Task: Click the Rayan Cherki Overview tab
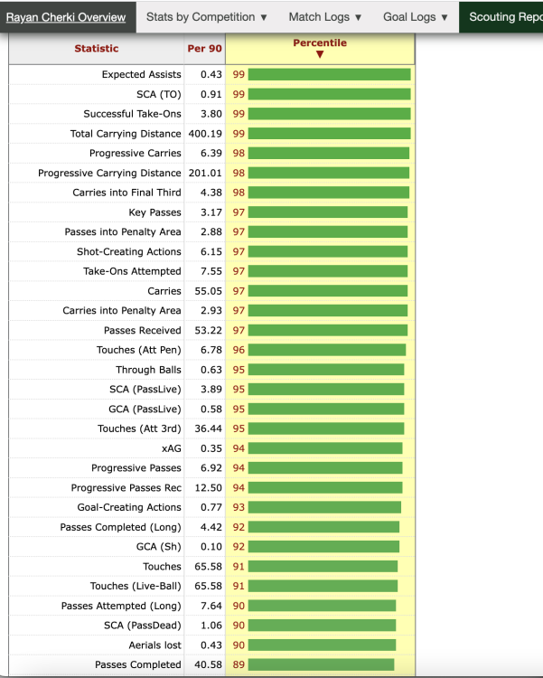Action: tap(66, 17)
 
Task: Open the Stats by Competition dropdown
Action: tap(207, 17)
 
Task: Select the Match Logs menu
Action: tap(325, 17)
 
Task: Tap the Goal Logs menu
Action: tap(416, 17)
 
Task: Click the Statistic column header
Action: tap(97, 49)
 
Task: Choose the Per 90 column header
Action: tap(204, 49)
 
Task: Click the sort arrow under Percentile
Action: tap(320, 54)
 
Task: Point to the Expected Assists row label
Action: tap(141, 74)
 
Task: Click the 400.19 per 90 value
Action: tap(205, 134)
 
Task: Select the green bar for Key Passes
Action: tap(328, 212)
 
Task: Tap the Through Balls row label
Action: tap(148, 370)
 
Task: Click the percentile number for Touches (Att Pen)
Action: tap(239, 350)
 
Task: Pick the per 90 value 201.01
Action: tap(205, 173)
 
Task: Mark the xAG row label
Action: tap(171, 448)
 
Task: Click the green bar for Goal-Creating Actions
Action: tap(324, 507)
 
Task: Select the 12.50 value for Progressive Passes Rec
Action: tap(209, 488)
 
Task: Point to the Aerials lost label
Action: tap(154, 645)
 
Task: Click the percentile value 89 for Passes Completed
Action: tap(239, 664)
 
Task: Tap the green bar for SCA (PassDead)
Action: tap(322, 626)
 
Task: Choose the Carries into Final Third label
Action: tap(126, 193)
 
